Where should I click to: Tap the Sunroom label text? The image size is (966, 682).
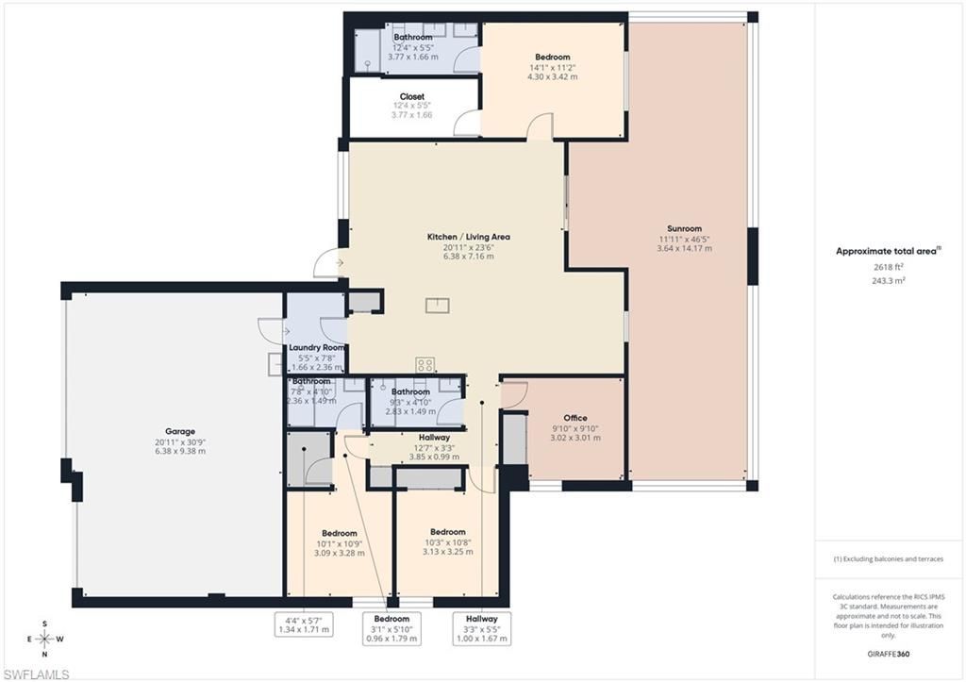click(685, 228)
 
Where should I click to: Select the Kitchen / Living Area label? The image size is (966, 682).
click(469, 237)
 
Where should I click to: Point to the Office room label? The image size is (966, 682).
click(575, 418)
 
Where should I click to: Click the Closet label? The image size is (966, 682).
click(412, 96)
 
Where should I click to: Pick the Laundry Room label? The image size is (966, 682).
click(316, 347)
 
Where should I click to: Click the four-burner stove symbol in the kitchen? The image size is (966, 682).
click(425, 364)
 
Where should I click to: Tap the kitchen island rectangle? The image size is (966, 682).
click(437, 305)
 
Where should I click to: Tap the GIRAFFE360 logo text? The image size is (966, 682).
click(891, 653)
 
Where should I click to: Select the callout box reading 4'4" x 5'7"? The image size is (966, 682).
click(302, 624)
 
